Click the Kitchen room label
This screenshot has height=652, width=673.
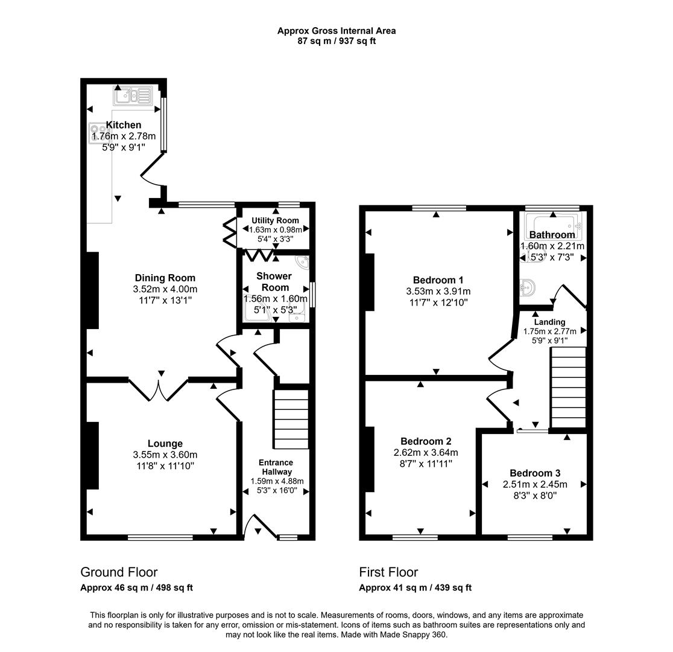[124, 125]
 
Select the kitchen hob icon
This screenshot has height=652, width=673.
[96, 133]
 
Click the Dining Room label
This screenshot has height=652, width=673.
[165, 278]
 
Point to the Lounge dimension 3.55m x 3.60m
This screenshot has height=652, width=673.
[165, 455]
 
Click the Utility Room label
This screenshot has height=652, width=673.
[275, 221]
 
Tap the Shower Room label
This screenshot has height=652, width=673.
[275, 281]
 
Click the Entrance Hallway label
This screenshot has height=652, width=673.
[277, 467]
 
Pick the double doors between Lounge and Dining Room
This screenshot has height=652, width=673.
[160, 388]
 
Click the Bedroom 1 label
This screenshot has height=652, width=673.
[438, 280]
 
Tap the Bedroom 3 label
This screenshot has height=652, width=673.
[534, 473]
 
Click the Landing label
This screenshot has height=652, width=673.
[549, 322]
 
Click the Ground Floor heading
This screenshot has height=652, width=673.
[119, 572]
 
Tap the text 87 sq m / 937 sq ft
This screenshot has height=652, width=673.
[336, 41]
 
